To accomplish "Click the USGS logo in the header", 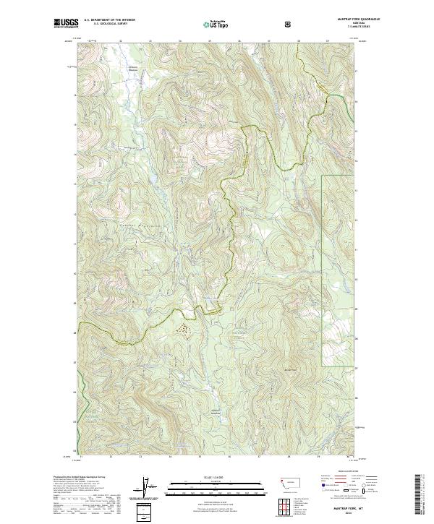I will [66, 24].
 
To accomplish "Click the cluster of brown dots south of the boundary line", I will [187, 330].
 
